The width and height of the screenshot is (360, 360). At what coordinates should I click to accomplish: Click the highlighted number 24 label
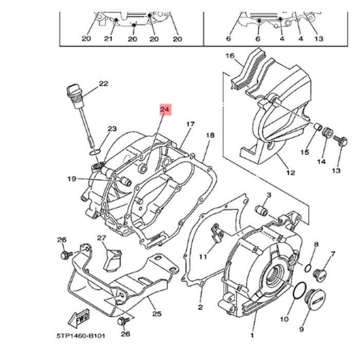click(165, 110)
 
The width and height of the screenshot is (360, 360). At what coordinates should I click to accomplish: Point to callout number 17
click(190, 124)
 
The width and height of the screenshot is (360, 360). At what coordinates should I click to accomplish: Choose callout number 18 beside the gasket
click(210, 135)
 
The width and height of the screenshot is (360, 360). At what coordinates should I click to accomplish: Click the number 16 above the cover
click(229, 56)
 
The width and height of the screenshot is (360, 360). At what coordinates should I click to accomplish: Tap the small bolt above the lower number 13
click(339, 140)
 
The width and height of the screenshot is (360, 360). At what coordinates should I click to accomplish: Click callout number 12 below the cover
click(291, 173)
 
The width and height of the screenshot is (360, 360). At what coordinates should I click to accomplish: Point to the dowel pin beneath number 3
click(261, 211)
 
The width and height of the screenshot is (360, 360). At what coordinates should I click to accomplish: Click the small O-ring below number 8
click(307, 267)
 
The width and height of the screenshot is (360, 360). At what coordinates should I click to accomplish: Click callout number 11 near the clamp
click(203, 256)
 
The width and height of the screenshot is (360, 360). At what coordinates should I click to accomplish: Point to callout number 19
click(71, 179)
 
